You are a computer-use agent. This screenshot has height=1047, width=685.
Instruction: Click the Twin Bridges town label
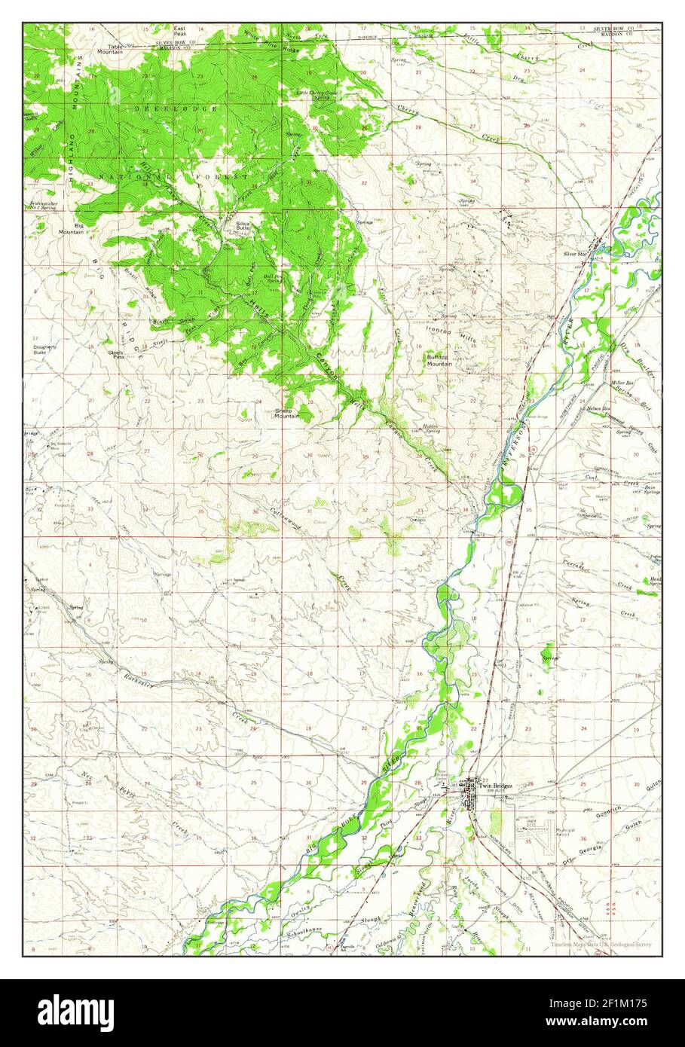495,786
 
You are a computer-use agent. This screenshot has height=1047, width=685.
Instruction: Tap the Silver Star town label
576,254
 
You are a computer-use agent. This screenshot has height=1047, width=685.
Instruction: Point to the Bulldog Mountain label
440,360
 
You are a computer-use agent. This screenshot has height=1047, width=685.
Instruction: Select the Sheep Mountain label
286,413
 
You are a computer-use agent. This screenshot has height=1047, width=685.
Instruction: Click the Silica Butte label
243,225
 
